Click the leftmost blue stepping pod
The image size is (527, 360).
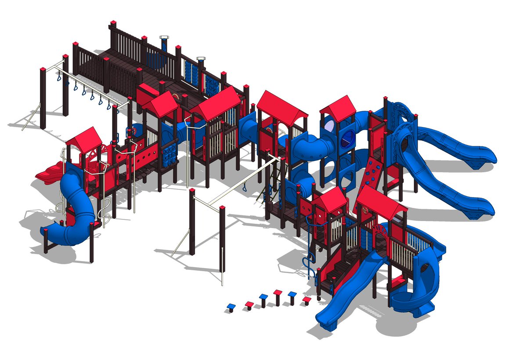(x=231, y=306)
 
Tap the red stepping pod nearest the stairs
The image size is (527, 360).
(x=307, y=300)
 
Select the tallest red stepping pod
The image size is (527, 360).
(x=278, y=293)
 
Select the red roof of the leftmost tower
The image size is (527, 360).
(x=84, y=137)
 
